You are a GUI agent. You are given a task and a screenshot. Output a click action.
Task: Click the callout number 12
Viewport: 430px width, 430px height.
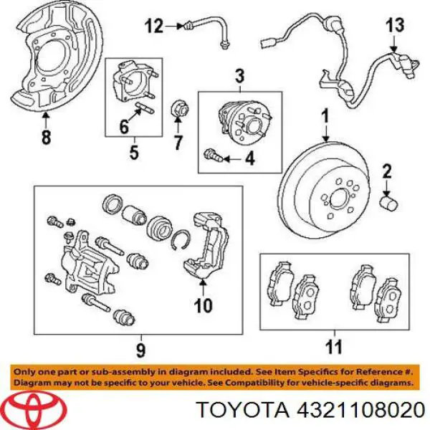tap(154, 27)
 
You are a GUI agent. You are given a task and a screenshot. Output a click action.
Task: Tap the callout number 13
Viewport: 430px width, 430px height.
tap(395, 25)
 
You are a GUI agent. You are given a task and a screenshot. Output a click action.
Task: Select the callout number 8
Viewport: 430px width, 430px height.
tap(46, 137)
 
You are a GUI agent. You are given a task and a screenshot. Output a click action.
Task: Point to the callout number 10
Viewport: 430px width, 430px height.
tap(203, 305)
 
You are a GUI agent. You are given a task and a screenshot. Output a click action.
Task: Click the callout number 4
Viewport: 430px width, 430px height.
tap(249, 158)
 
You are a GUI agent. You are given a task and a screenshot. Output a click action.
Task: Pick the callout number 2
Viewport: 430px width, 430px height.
tap(387, 172)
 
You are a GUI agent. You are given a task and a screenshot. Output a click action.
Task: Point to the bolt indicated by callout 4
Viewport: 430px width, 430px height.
tap(213, 156)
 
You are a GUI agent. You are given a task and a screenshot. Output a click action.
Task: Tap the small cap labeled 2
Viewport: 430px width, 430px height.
tap(388, 204)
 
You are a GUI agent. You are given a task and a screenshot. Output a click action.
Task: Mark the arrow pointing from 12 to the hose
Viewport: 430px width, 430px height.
tap(174, 27)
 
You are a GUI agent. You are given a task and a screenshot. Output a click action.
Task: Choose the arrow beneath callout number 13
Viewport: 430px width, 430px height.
tap(393, 44)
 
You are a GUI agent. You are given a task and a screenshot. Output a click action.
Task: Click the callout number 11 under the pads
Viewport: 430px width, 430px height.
tap(334, 347)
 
